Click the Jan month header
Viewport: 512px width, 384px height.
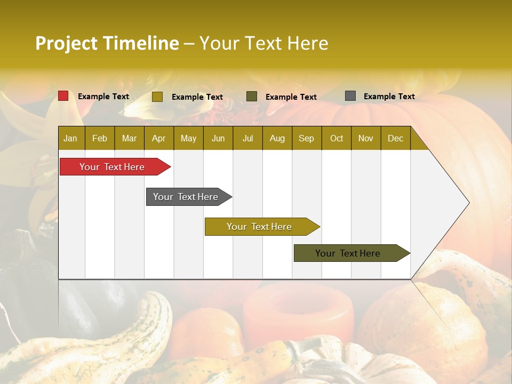(x=70, y=138)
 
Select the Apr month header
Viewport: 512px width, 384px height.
(x=158, y=138)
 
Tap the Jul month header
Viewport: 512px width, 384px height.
(x=247, y=138)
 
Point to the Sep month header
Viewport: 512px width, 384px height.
(x=306, y=138)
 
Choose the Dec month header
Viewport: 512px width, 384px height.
(x=395, y=138)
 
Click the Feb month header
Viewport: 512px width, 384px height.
(x=100, y=138)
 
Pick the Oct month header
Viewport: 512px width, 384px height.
(x=337, y=138)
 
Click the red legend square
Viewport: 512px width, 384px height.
(x=63, y=96)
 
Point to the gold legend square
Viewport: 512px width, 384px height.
(x=157, y=97)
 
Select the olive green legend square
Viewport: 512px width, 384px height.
(x=252, y=96)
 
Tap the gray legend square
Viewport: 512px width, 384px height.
(x=350, y=96)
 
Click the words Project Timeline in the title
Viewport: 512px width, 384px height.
(x=107, y=43)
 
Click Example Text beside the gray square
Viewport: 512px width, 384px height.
(x=389, y=97)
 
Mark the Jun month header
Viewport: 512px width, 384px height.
(x=218, y=138)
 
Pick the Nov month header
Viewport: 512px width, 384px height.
(x=366, y=138)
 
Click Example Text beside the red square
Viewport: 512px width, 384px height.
(x=103, y=97)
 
